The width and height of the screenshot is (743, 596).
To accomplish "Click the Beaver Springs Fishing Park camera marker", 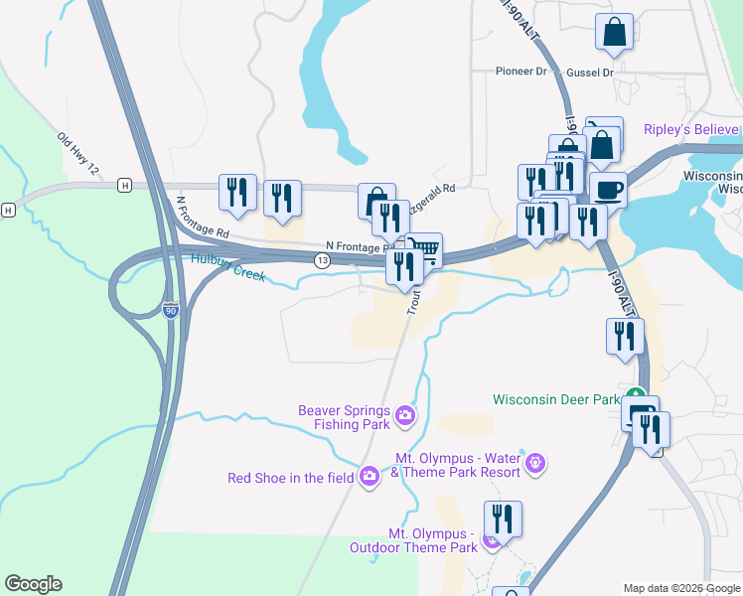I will click(404, 415).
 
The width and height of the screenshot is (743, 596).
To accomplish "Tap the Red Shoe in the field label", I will click(290, 478).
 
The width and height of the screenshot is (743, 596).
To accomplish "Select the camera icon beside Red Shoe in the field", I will click(370, 478).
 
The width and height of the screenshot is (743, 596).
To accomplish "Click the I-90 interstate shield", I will click(171, 310).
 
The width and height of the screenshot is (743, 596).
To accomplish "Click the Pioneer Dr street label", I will click(521, 72).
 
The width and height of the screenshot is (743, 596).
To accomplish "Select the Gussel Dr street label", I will click(590, 73).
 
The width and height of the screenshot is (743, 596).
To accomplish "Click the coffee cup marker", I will click(607, 189).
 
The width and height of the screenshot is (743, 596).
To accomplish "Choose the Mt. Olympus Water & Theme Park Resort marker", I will click(536, 462).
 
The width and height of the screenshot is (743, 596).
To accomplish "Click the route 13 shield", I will click(322, 260).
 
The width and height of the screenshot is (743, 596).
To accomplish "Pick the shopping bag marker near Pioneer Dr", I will click(615, 32).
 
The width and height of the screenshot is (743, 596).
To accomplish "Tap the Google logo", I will click(33, 584).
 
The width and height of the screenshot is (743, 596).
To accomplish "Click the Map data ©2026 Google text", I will click(681, 588).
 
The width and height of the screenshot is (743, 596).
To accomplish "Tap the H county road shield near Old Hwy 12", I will click(124, 185).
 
